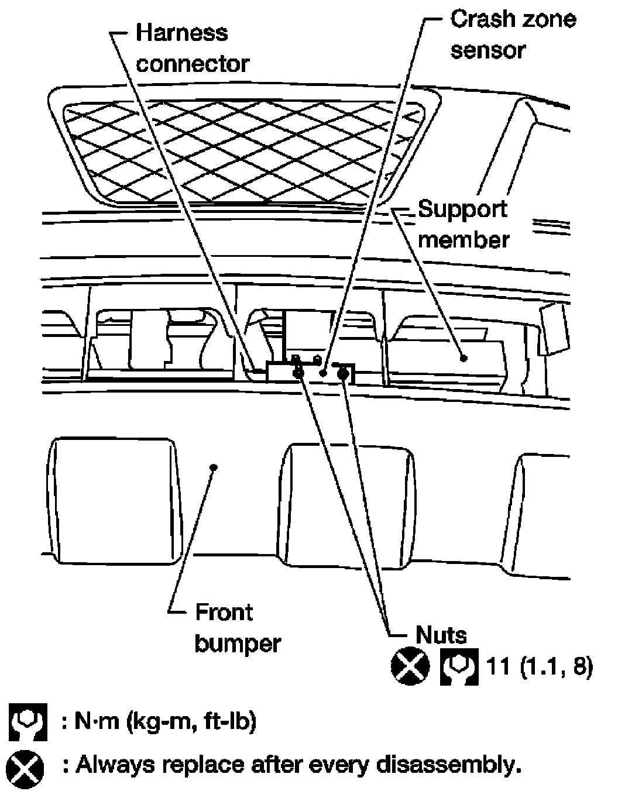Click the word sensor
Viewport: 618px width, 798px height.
pyautogui.click(x=487, y=50)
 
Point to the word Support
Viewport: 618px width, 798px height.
pyautogui.click(x=462, y=209)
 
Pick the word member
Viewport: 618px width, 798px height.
pyautogui.click(x=463, y=240)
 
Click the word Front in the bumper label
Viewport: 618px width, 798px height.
pyautogui.click(x=224, y=613)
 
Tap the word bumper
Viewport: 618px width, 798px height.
pyautogui.click(x=238, y=644)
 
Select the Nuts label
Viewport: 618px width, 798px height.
pyautogui.click(x=441, y=635)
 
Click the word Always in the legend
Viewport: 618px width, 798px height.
pyautogui.click(x=114, y=765)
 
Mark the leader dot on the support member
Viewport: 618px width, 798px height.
pyautogui.click(x=463, y=357)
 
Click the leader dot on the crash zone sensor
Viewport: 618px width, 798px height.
pyautogui.click(x=322, y=372)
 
